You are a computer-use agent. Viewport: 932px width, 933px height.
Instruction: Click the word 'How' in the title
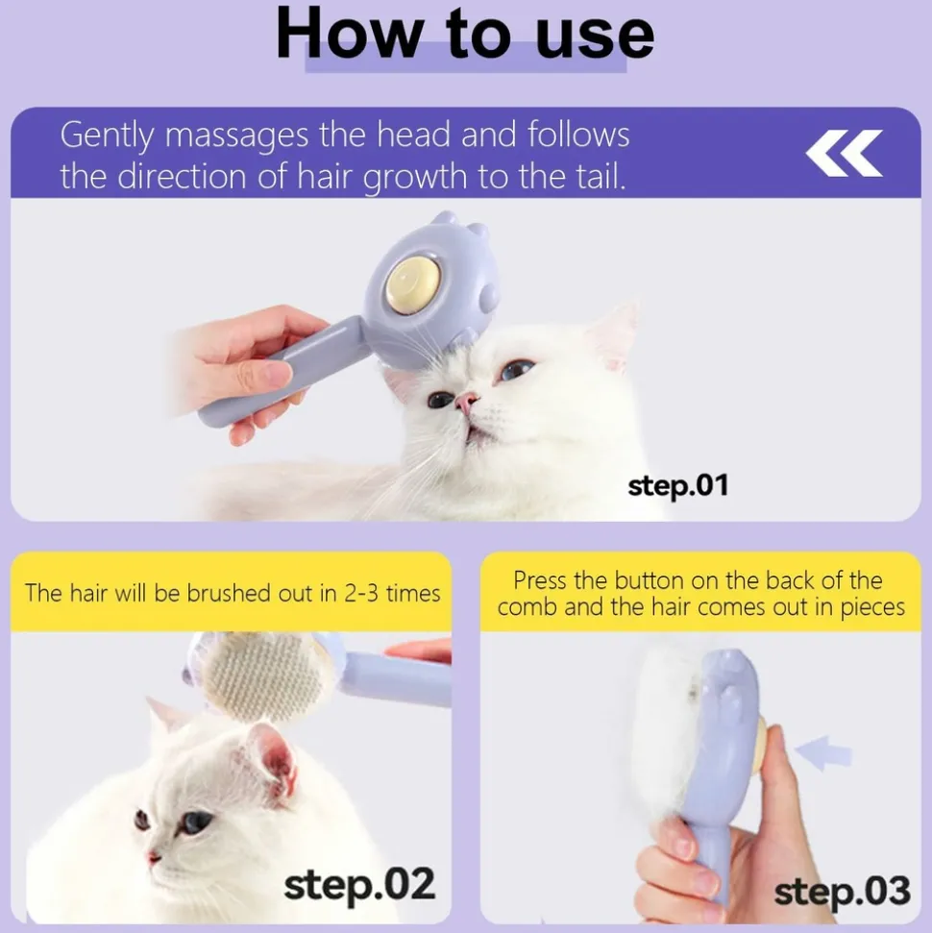347,34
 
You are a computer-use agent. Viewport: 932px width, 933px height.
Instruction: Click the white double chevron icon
843,154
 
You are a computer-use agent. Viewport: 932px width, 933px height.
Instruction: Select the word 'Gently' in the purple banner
108,135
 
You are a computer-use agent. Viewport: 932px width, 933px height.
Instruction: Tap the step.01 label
677,485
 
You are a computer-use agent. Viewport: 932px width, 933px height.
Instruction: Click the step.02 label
359,884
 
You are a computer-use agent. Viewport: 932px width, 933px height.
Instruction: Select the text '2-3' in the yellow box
355,593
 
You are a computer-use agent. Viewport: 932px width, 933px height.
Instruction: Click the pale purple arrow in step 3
823,753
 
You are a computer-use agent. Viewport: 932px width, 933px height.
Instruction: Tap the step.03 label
842,891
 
